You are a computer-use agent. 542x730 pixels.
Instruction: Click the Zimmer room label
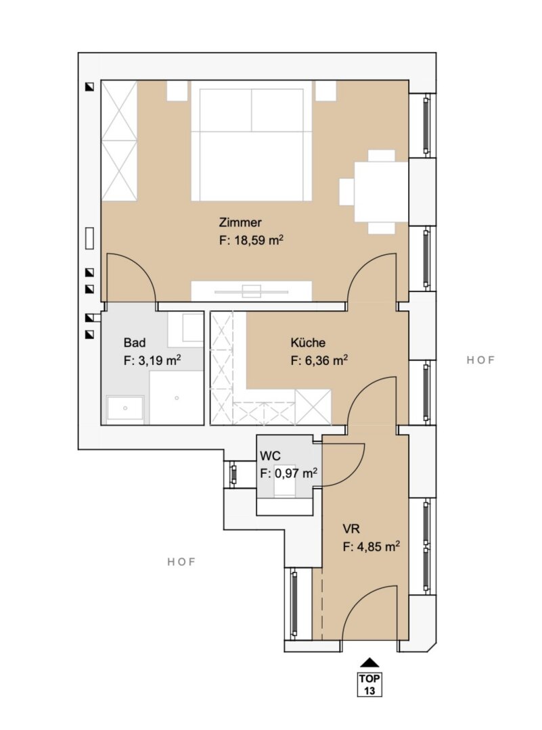(240, 222)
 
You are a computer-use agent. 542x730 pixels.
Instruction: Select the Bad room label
(134, 343)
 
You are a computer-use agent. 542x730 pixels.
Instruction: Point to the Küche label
(308, 343)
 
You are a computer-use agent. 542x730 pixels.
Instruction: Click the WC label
(270, 455)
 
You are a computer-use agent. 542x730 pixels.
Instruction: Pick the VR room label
(351, 529)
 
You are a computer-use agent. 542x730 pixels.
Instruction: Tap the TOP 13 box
(369, 684)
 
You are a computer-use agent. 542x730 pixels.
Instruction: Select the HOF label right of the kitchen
(480, 360)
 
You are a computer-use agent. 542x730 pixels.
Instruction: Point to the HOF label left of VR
(181, 562)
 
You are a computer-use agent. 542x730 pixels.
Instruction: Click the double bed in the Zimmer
(251, 141)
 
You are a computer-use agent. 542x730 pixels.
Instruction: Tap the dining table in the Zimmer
(381, 192)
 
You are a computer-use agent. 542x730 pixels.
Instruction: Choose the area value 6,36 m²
(319, 360)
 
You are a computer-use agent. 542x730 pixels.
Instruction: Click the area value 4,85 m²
(371, 547)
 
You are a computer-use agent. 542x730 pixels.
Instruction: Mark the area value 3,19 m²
(152, 360)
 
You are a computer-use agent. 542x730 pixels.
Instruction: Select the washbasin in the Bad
(125, 409)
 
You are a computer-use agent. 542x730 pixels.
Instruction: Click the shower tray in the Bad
(177, 398)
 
